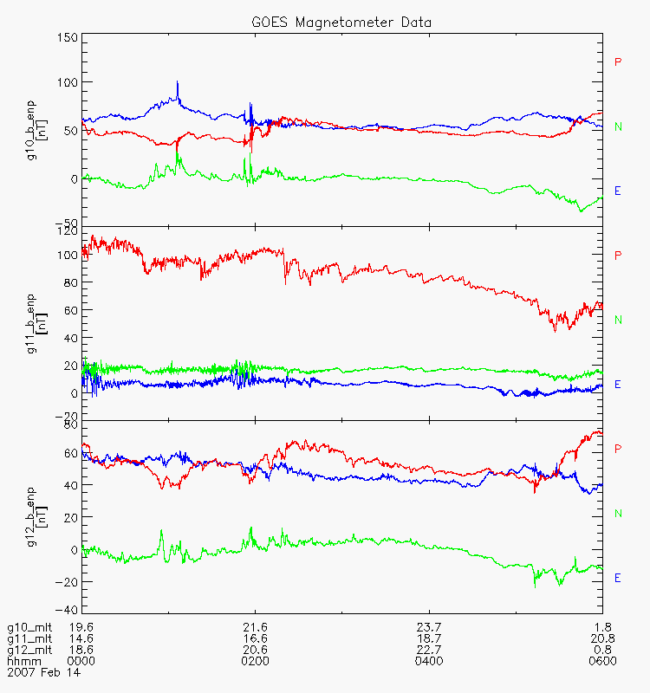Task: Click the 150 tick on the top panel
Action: click(x=67, y=38)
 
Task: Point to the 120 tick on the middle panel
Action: click(x=67, y=231)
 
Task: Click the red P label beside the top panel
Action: click(x=618, y=62)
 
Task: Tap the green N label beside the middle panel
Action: click(x=618, y=320)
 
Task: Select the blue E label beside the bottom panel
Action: click(x=618, y=577)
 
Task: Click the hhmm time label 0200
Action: click(x=255, y=661)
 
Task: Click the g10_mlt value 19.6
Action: click(x=81, y=627)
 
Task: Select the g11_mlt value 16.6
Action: click(x=255, y=638)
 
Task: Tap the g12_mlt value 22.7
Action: click(x=428, y=650)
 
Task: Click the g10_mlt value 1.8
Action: click(x=603, y=627)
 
